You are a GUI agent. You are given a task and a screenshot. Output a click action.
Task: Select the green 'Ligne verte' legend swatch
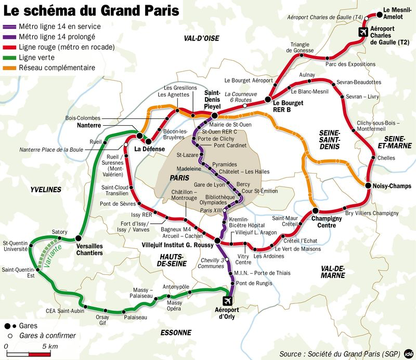[x=10, y=57]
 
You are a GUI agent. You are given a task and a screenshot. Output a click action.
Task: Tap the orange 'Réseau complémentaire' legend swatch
[x=10, y=68]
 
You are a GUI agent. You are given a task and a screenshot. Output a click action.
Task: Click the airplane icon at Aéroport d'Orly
[x=228, y=301]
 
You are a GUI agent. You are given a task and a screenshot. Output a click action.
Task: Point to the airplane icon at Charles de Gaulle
[x=363, y=32]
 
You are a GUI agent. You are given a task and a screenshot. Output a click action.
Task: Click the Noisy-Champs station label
[x=392, y=186]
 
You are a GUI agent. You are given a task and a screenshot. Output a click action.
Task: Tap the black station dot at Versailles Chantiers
[x=78, y=238]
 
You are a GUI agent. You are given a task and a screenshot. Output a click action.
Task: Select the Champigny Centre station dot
[x=315, y=211]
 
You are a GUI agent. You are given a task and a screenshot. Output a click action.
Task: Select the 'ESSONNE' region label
[x=176, y=332]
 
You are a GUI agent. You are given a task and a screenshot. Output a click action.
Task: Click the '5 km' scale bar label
[x=50, y=346]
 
